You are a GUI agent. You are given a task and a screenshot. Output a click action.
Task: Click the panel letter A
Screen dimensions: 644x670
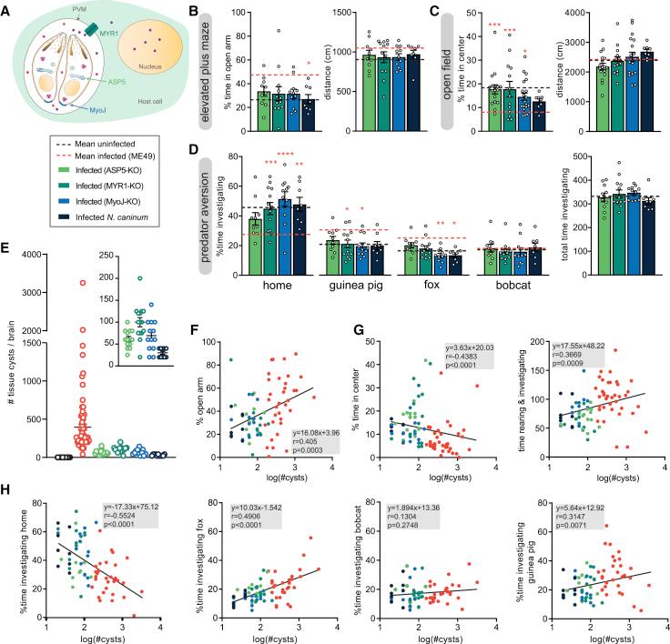coord(8,8)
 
